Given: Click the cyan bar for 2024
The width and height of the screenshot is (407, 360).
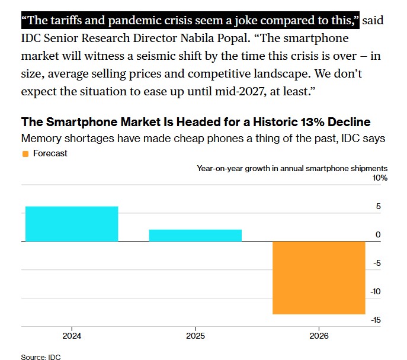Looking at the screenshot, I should pyautogui.click(x=72, y=224).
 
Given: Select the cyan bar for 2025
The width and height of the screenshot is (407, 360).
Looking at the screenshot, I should pyautogui.click(x=196, y=235).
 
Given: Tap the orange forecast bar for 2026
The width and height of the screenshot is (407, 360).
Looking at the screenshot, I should pyautogui.click(x=319, y=278).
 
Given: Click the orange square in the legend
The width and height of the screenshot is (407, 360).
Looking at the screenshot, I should pyautogui.click(x=25, y=153).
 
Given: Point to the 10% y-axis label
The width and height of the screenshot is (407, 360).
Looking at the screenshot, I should pyautogui.click(x=380, y=178).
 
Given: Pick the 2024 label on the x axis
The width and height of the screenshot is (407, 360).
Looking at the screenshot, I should pyautogui.click(x=72, y=335).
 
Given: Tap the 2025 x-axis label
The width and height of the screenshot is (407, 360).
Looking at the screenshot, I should pyautogui.click(x=196, y=335).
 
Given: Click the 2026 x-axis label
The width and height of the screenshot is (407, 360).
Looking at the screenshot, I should pyautogui.click(x=319, y=335).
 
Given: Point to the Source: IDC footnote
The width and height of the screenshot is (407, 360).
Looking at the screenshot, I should pyautogui.click(x=41, y=357).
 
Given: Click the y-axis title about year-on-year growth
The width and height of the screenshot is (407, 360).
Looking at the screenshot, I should pyautogui.click(x=291, y=168).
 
